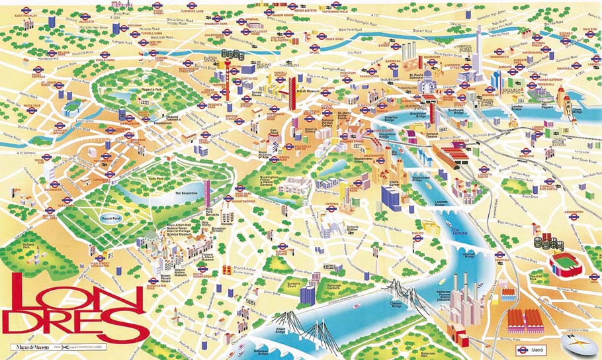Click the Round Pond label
109,217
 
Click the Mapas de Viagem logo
30,346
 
